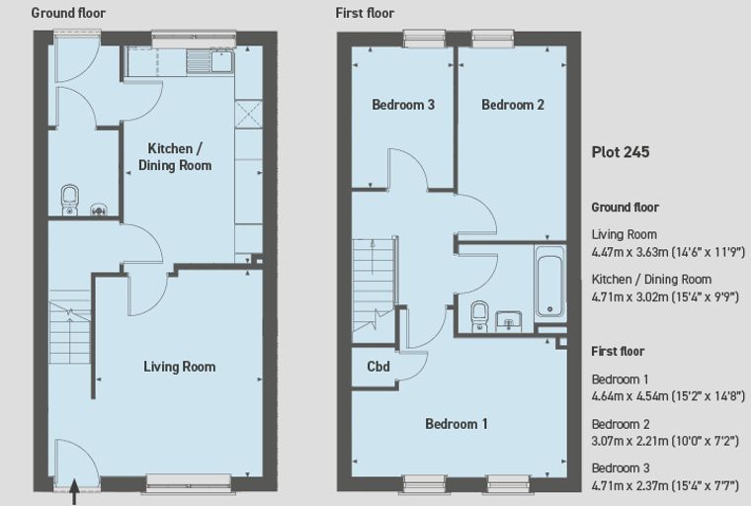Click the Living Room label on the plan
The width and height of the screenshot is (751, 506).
[180, 367]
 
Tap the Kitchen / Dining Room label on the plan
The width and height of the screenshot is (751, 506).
[175, 157]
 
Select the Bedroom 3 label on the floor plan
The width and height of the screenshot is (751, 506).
[403, 105]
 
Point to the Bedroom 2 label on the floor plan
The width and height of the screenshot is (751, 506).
[513, 105]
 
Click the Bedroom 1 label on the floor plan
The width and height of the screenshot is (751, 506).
[457, 424]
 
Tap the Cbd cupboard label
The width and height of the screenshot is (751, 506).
[378, 367]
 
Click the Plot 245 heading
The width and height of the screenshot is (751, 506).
[621, 152]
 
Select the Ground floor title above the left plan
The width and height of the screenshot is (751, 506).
[68, 13]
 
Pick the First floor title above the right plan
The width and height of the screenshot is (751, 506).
[365, 13]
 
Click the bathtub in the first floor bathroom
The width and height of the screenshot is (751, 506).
[549, 283]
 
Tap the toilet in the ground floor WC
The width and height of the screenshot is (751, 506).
[70, 200]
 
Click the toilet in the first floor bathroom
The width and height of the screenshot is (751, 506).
[479, 316]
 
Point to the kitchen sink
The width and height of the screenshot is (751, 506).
[222, 61]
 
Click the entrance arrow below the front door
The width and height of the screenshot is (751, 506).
[74, 491]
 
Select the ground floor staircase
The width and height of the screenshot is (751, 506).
[70, 327]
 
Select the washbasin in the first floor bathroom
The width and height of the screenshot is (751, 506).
[508, 321]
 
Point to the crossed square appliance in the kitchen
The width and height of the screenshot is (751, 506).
[249, 114]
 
